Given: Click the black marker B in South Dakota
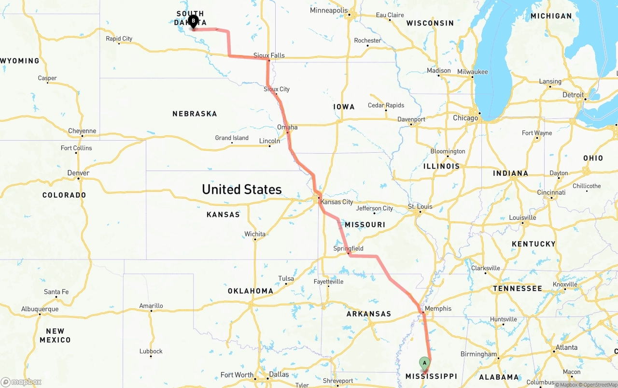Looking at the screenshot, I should [x=193, y=21].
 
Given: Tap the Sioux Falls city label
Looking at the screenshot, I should [x=269, y=56].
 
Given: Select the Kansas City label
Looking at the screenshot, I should [x=337, y=202].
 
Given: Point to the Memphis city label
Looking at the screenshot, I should [x=438, y=308].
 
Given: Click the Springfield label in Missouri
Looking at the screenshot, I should [x=348, y=248].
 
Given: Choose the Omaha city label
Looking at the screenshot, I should [x=287, y=128].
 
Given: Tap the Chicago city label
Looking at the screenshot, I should [x=465, y=118].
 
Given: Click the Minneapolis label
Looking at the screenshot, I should [x=329, y=10].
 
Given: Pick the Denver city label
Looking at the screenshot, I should [x=78, y=173].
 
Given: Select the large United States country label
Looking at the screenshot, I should [x=241, y=189].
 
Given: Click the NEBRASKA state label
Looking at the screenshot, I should [x=195, y=114].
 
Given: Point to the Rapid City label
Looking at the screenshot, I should [x=119, y=39].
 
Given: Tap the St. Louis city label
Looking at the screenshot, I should [x=420, y=206].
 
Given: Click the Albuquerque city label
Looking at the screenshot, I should [x=40, y=309].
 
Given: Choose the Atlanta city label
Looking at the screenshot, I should [x=566, y=347].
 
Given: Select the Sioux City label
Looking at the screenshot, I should [x=277, y=89].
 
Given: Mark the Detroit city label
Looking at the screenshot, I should [x=573, y=95].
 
